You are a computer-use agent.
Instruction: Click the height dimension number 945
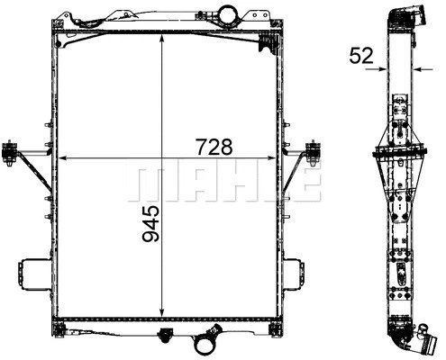coord(150,225)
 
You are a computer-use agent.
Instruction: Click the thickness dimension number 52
coord(361,57)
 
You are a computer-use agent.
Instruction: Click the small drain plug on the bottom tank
coord(164,337)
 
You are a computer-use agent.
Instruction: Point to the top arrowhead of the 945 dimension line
coord(161,38)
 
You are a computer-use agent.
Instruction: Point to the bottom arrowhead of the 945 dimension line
coord(161,307)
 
